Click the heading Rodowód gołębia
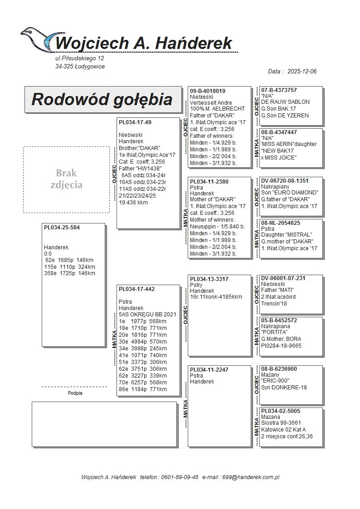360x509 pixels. click(102, 99)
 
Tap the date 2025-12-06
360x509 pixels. click(302, 72)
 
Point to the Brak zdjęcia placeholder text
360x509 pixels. click(66, 179)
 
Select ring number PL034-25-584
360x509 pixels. click(62, 228)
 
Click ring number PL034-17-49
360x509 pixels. click(135, 122)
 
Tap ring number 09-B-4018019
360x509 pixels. click(208, 91)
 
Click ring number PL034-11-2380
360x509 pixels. click(209, 181)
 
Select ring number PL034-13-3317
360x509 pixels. click(209, 279)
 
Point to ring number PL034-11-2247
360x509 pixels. click(209, 370)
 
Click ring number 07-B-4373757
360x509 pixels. click(279, 90)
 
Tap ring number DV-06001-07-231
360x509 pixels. click(283, 278)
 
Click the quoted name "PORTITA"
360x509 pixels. click(276, 332)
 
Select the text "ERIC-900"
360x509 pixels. click(275, 381)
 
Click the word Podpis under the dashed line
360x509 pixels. click(75, 393)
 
